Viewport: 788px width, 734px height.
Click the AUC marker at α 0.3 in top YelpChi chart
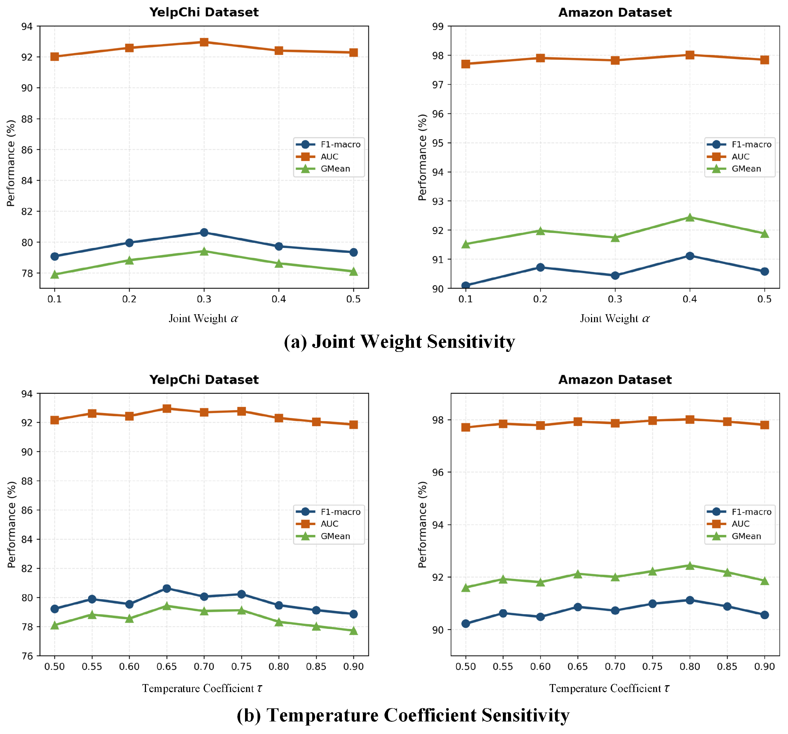point(204,42)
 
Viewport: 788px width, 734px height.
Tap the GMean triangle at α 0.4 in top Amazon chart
point(690,217)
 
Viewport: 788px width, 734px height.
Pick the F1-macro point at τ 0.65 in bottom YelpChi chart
point(166,589)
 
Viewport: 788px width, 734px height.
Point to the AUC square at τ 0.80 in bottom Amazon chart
point(690,419)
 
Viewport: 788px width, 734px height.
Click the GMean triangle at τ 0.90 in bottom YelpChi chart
point(354,631)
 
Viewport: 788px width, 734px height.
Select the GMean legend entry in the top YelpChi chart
point(323,169)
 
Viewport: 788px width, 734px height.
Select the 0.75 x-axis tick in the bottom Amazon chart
point(652,667)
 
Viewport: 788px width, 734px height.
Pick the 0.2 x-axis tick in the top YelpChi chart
point(129,299)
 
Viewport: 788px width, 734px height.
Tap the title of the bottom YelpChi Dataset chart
point(204,380)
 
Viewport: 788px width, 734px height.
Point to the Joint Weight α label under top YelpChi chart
point(203,319)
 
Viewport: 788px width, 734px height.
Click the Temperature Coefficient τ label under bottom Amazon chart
point(609,688)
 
